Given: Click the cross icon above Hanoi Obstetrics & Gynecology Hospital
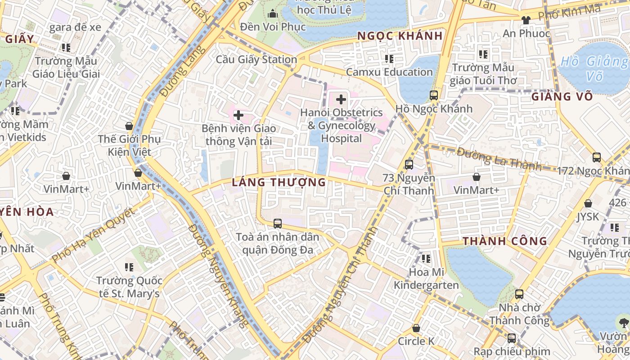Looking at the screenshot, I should click(x=341, y=99).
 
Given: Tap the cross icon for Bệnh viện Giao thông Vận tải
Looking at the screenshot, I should click(x=238, y=116).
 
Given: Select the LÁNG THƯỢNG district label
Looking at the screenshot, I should click(x=279, y=182).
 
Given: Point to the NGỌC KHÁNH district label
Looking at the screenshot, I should click(x=400, y=36).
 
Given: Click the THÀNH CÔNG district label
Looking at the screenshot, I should click(x=505, y=241).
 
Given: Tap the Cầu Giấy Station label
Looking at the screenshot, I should click(x=256, y=59).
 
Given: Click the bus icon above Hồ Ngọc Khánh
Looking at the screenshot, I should click(x=434, y=95).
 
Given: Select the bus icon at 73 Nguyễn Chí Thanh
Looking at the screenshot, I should click(x=409, y=165).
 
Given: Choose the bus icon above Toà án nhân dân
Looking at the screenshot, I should click(x=278, y=223).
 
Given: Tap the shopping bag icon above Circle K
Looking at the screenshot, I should click(x=416, y=328).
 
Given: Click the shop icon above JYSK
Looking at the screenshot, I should click(x=588, y=204).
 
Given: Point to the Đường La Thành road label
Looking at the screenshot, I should click(x=499, y=159).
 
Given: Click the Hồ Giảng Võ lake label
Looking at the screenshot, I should click(x=594, y=68).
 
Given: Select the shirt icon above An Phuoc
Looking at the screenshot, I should click(x=526, y=20).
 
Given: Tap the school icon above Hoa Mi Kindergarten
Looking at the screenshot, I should click(x=426, y=259).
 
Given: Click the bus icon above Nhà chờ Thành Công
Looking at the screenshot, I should click(x=519, y=294).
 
